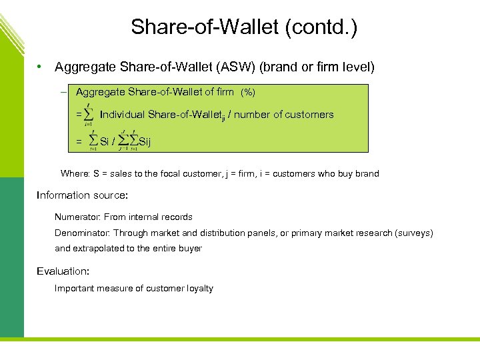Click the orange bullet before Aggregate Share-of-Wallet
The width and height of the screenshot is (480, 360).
pos(41,67)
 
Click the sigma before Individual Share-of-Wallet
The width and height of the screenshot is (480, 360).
pos(89,115)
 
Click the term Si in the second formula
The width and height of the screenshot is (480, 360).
pos(105,141)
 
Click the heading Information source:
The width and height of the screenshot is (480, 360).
pos(82,195)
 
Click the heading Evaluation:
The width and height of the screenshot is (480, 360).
pos(63,271)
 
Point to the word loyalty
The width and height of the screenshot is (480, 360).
pos(198,288)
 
